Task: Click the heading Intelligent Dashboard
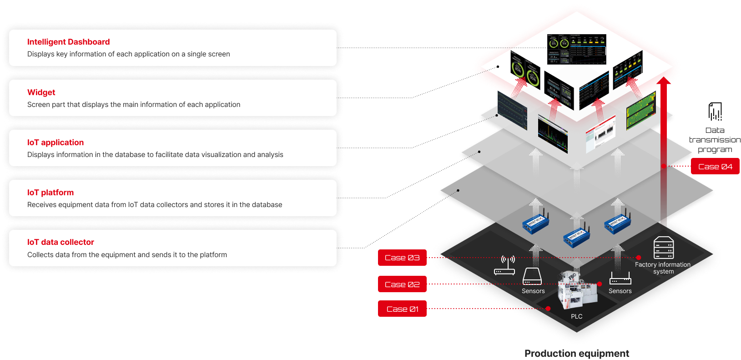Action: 68,42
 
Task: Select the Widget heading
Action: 41,92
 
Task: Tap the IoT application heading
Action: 55,142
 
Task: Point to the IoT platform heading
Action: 50,193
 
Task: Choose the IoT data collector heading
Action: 60,242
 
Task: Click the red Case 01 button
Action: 402,309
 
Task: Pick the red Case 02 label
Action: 402,284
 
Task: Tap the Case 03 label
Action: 402,258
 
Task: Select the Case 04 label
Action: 715,167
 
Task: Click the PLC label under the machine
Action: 576,316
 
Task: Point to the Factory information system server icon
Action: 664,248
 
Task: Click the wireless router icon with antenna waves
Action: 505,265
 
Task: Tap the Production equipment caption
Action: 577,354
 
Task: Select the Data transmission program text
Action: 715,140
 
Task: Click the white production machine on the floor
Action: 576,291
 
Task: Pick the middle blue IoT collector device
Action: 576,236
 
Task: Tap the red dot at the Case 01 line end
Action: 548,309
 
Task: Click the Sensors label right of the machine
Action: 620,291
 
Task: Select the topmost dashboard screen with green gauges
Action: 576,49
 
